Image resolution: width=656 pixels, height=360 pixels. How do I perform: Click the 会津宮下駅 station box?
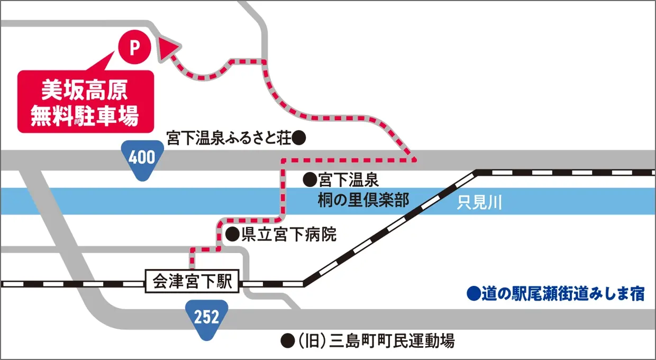[x=193, y=281]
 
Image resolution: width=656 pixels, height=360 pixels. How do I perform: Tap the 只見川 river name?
[x=479, y=203]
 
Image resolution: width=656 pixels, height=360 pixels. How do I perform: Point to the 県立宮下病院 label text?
[x=289, y=235]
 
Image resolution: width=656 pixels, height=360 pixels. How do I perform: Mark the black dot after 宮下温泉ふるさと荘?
[x=299, y=139]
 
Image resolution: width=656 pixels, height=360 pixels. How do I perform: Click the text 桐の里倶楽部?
[x=364, y=200]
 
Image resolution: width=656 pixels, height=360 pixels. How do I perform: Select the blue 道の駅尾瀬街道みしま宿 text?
[x=563, y=294]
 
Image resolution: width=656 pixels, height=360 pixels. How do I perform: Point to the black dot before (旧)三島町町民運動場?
[x=287, y=340]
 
